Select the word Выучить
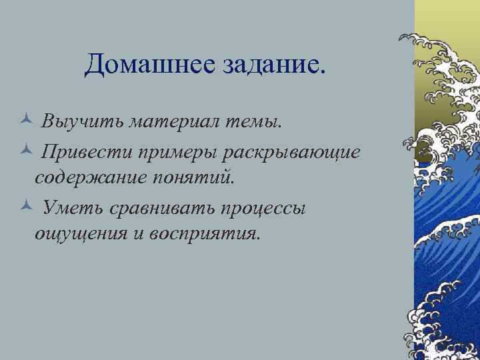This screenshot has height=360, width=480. (x=83, y=123)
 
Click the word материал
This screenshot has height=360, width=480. (x=174, y=123)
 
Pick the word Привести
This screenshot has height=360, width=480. (x=84, y=151)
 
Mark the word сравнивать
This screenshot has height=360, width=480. (x=158, y=208)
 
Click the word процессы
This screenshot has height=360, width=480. (x=263, y=208)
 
